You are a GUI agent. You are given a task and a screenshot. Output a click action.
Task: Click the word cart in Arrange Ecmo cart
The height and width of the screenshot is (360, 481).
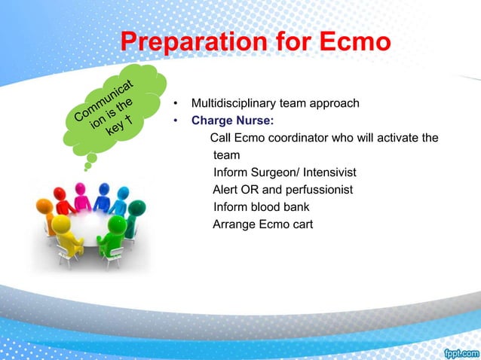click(x=300, y=224)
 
